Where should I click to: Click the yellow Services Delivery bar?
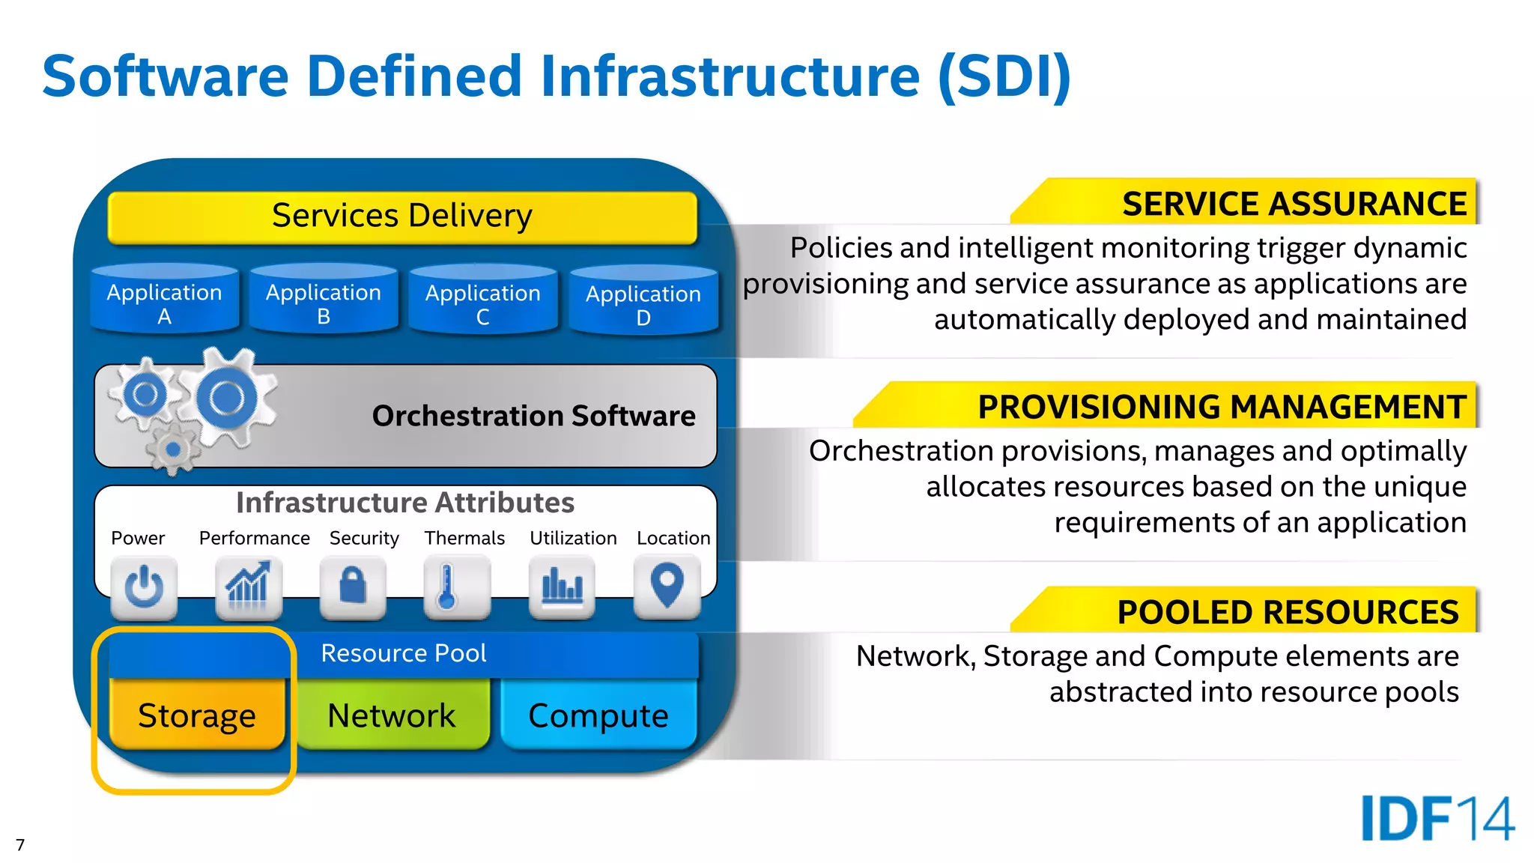coord(402,216)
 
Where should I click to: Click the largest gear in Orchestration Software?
coord(226,398)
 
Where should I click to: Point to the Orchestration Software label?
coord(533,416)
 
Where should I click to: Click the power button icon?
coord(144,587)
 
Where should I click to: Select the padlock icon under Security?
coord(353,587)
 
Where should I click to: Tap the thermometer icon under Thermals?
coord(447,587)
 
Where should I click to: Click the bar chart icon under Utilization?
coord(562,587)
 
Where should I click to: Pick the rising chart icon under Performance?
coord(248,587)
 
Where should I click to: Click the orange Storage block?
coord(196,715)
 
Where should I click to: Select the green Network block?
coord(392,715)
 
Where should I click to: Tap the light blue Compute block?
coord(598,715)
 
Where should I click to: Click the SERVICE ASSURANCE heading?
coord(1294,204)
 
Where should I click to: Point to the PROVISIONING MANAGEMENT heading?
coord(1222,407)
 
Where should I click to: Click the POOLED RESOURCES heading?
coord(1288,612)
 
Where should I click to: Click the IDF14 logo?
coord(1437,818)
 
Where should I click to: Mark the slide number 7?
coord(20,845)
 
